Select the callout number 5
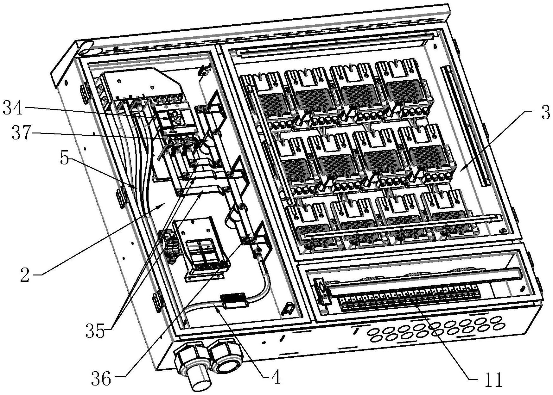(64, 158)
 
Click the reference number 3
(545, 113)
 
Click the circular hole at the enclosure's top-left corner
(86, 48)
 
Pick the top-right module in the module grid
(404, 89)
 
